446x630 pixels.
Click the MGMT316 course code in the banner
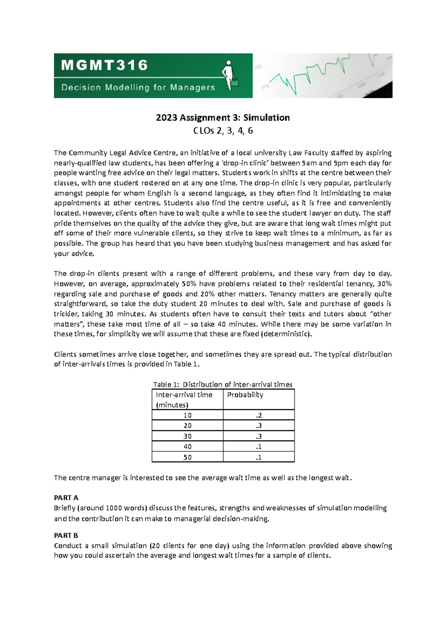coord(105,65)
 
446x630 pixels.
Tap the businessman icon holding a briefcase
coord(230,75)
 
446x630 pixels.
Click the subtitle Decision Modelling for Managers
coord(138,88)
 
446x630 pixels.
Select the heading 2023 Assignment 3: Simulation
coord(223,118)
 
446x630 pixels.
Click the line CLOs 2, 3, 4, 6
coord(223,131)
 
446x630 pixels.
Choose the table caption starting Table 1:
coord(223,384)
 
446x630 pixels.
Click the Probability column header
coord(245,395)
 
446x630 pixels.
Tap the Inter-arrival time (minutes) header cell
coord(184,400)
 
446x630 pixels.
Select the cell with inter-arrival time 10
coord(187,415)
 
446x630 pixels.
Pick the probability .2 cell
coord(259,415)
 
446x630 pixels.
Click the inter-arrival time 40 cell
coord(187,447)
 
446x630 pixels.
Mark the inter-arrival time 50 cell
coord(187,457)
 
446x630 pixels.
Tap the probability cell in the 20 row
coord(259,426)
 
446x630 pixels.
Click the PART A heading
coord(66,498)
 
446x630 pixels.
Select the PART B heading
coord(66,535)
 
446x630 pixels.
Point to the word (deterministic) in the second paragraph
coord(286,334)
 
